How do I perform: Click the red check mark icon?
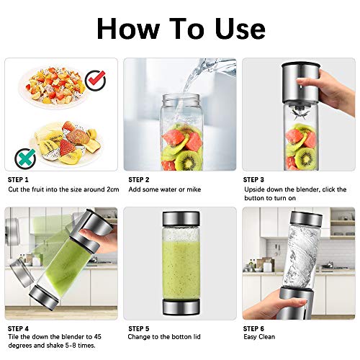click(x=95, y=80)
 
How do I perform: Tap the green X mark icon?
click(x=24, y=153)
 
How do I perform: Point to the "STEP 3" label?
click(x=256, y=179)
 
